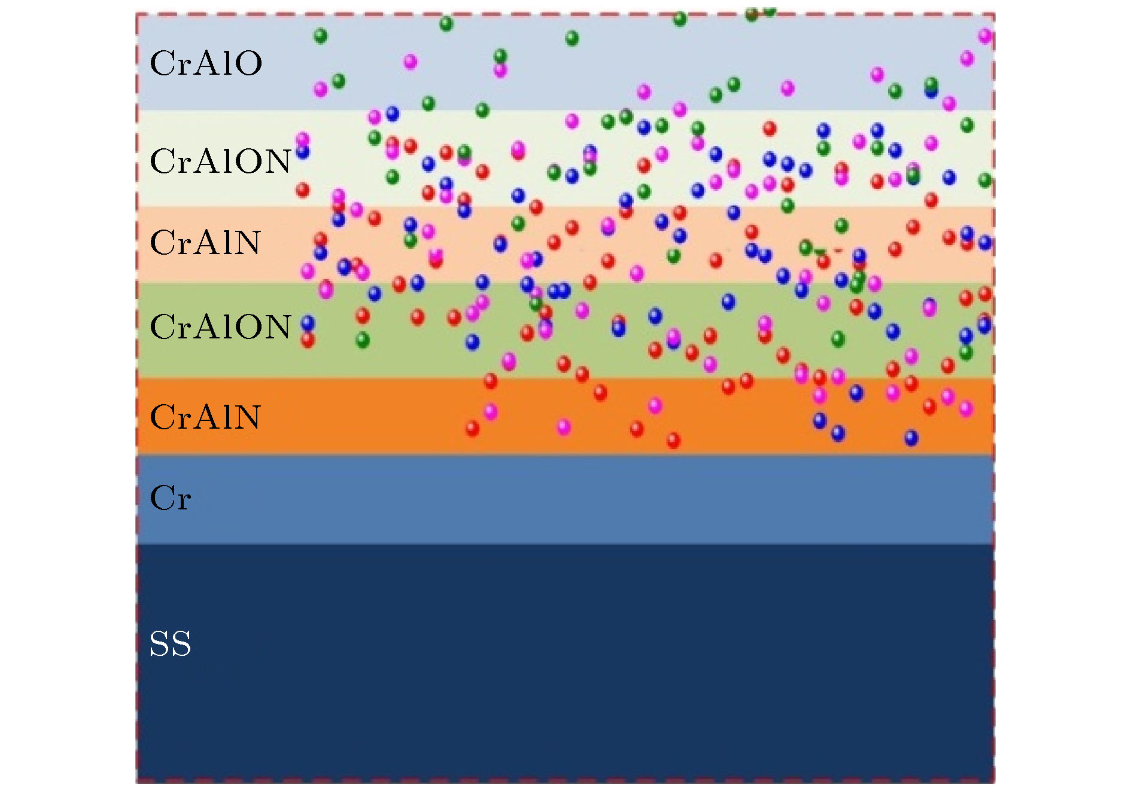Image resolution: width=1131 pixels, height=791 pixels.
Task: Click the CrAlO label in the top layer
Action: tap(206, 63)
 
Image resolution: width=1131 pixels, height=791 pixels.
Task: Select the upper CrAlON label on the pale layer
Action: tap(220, 161)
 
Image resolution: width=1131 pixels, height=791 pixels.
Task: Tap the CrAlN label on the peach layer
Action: tap(205, 243)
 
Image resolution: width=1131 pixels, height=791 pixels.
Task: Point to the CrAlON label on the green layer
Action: tap(220, 326)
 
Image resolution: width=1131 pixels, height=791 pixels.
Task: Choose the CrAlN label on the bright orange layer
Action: tap(205, 417)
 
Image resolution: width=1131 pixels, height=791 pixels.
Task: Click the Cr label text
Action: tap(171, 498)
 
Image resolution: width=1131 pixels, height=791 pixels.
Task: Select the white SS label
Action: tap(171, 644)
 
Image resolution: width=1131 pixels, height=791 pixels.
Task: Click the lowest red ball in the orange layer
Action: tap(674, 441)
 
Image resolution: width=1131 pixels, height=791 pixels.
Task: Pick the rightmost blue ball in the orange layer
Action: tap(911, 438)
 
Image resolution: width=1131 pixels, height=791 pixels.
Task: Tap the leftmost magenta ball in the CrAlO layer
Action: tap(321, 90)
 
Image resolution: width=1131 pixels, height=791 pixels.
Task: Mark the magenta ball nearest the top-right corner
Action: tap(985, 36)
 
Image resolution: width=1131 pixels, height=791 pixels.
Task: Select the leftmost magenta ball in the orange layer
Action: tap(491, 411)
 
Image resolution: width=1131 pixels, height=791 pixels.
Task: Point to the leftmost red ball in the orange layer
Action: tap(472, 428)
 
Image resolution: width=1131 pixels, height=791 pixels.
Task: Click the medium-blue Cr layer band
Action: tap(565, 499)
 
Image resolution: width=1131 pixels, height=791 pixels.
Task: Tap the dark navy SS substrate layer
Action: tap(565, 662)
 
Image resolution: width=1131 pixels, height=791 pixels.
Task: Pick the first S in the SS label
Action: tap(159, 644)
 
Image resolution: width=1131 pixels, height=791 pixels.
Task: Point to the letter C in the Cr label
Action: tap(162, 498)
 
